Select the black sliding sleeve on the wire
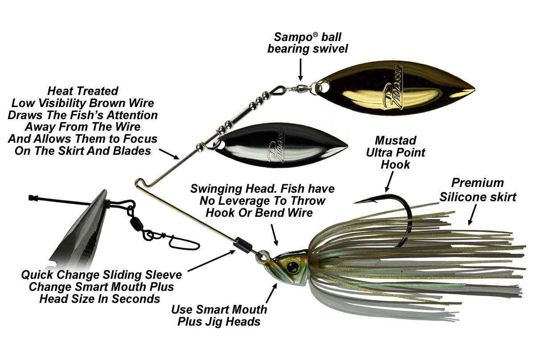click(x=243, y=245)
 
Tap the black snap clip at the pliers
click(x=183, y=242)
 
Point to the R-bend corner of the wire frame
click(x=139, y=184)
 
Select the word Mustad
click(x=396, y=141)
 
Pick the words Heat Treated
click(x=82, y=91)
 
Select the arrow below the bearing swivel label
click(x=301, y=69)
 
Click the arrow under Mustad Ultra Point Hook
click(x=389, y=182)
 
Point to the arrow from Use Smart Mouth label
click(x=272, y=292)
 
